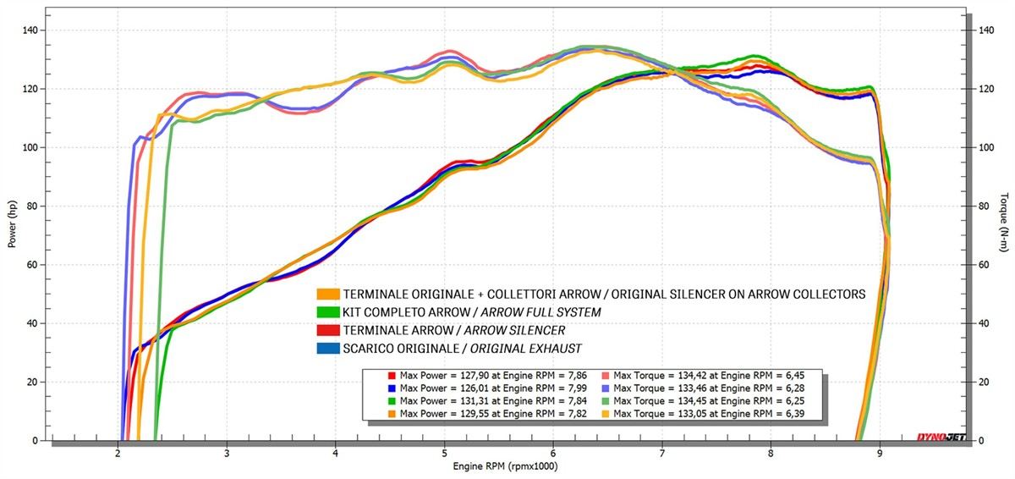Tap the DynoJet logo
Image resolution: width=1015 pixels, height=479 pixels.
coord(938,438)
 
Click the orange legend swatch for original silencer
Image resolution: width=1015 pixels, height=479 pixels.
coord(328,295)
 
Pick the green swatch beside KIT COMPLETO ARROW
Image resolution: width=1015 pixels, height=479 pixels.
coord(328,313)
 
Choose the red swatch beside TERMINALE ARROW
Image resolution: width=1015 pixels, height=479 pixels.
coord(328,331)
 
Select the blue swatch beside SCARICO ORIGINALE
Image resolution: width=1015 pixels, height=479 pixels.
coord(328,349)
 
